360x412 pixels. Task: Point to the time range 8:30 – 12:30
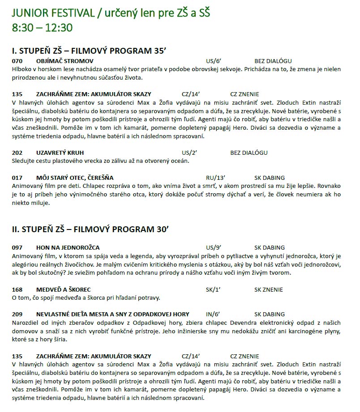(x=42, y=27)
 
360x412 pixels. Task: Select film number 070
(x=17, y=61)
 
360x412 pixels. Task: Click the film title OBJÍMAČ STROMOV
(x=65, y=61)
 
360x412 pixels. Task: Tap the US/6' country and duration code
(x=214, y=61)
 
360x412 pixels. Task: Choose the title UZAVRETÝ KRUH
(x=60, y=153)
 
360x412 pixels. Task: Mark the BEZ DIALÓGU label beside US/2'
(x=249, y=153)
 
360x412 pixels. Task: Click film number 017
(x=17, y=178)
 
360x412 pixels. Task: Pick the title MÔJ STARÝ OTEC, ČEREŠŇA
(x=75, y=178)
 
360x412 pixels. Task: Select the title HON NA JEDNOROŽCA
(x=68, y=247)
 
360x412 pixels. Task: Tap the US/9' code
(x=214, y=247)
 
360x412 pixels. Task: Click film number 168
(x=17, y=289)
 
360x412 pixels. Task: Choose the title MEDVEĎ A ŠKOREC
(x=64, y=289)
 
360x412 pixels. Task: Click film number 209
(x=17, y=314)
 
